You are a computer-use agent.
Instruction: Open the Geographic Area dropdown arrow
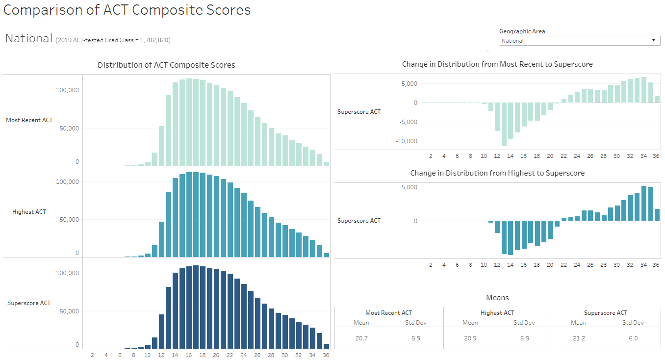(654, 41)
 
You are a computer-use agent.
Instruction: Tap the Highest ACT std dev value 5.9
(524, 338)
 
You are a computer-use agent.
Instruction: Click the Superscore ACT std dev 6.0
(633, 338)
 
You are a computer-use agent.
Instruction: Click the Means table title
(497, 298)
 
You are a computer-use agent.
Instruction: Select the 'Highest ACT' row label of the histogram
(29, 212)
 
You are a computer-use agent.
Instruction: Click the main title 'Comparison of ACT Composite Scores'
(127, 10)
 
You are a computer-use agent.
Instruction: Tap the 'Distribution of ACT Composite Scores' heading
(166, 65)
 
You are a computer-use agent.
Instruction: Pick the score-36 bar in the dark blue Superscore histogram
(326, 346)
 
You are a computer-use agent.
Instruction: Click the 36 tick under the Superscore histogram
(326, 356)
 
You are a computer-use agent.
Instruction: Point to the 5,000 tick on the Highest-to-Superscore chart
(409, 187)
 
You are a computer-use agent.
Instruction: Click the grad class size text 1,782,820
(154, 40)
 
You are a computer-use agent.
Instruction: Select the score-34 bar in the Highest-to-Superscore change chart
(644, 204)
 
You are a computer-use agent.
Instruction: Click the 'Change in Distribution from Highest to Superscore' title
(497, 173)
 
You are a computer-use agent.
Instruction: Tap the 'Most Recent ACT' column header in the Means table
(388, 313)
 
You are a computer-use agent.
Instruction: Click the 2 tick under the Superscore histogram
(92, 356)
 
